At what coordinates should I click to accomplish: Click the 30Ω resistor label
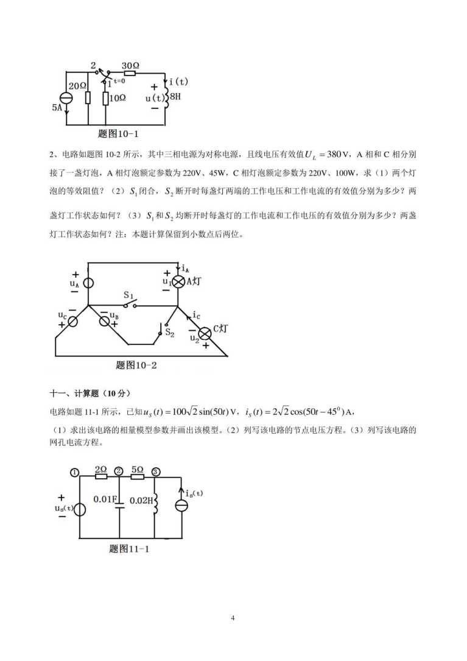pos(131,65)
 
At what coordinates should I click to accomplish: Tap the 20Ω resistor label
pos(77,87)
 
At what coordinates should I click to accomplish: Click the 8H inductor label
pos(175,96)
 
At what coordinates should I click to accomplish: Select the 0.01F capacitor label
pos(105,500)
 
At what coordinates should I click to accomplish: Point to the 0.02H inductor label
pos(140,500)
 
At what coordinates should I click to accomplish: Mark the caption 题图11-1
pos(129,548)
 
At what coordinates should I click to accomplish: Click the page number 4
pos(233,618)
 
